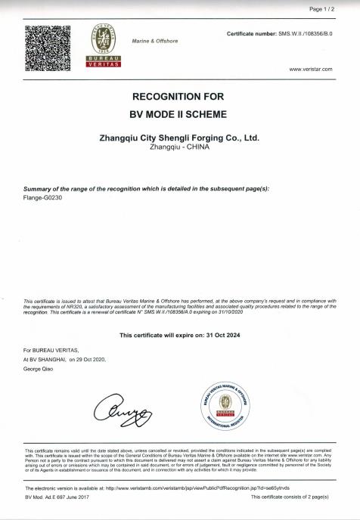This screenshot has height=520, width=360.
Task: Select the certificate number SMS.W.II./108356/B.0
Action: pyautogui.click(x=306, y=35)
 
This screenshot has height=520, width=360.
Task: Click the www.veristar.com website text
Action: pyautogui.click(x=311, y=69)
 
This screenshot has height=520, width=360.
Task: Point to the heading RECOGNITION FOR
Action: pyautogui.click(x=179, y=97)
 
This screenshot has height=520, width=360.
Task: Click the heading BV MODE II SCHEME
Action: pyautogui.click(x=179, y=119)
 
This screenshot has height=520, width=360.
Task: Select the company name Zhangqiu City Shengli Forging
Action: pyautogui.click(x=179, y=139)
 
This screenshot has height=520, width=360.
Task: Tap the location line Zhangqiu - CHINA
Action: pyautogui.click(x=179, y=149)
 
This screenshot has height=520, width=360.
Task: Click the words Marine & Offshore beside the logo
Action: pyautogui.click(x=155, y=41)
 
